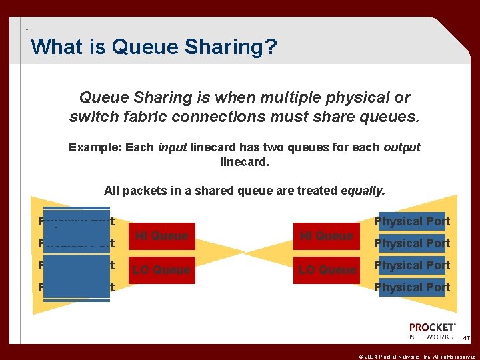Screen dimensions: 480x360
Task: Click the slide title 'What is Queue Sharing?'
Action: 154,47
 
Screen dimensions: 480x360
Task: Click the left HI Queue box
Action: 162,236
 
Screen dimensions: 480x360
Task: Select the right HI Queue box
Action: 326,236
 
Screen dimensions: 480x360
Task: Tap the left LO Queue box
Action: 162,270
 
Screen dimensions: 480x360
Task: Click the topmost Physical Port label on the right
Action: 411,221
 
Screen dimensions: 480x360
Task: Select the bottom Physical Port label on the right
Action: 411,287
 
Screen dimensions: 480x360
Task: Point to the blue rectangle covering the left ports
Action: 77,255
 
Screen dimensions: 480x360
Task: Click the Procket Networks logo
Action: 433,331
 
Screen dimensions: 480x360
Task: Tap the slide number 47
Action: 467,339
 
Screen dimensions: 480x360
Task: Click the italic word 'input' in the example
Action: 172,147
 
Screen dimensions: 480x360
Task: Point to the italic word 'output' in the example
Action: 401,147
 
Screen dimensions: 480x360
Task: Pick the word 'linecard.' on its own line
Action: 245,161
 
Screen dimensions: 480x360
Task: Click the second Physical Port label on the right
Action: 411,243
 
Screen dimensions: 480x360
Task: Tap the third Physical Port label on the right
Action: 411,265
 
